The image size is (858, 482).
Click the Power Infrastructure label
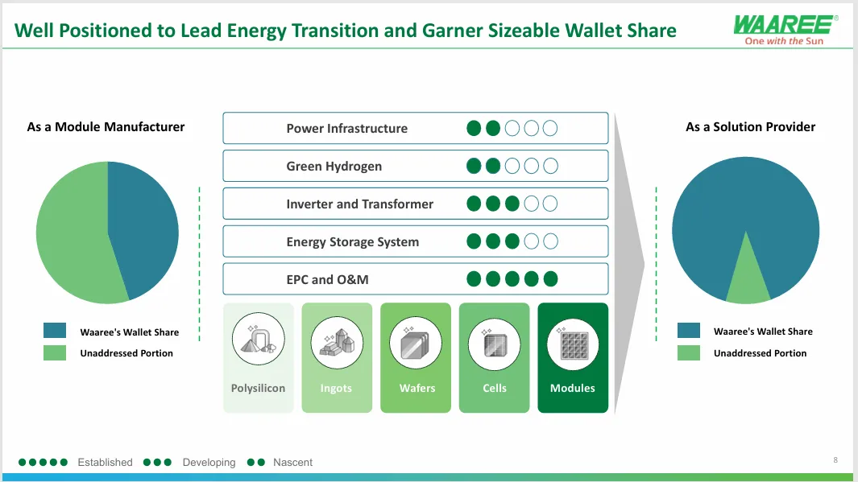(346, 129)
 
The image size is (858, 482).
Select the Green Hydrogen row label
(334, 167)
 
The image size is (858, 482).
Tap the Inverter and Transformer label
(359, 204)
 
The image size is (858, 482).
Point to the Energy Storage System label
(352, 242)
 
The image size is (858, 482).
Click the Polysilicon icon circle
(258, 343)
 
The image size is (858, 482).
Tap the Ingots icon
(337, 343)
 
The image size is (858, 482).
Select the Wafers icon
(416, 343)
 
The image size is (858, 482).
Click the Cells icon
(494, 343)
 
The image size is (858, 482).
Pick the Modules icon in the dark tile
(573, 343)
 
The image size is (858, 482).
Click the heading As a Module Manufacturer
(106, 127)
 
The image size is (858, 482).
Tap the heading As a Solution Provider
(750, 127)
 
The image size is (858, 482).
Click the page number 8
(835, 460)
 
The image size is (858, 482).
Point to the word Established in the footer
(105, 463)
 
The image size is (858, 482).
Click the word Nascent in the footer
(292, 463)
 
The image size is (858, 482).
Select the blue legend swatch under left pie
(55, 331)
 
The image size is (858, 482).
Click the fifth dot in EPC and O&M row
(551, 279)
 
